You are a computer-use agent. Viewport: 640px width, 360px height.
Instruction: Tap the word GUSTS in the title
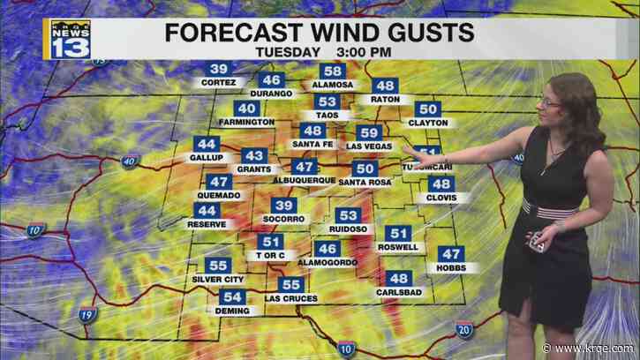[x=421, y=33]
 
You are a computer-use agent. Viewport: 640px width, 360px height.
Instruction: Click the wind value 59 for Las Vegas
[x=368, y=133]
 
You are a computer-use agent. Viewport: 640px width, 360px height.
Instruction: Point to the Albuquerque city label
[x=305, y=180]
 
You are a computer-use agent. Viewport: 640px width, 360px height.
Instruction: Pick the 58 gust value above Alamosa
[x=333, y=72]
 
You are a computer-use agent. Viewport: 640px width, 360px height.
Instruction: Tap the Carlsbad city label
[x=398, y=291]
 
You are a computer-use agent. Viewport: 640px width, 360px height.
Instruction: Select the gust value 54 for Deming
[x=232, y=297]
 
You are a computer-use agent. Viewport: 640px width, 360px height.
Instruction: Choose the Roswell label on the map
[x=398, y=248]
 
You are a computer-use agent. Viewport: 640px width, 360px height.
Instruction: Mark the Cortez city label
[x=219, y=83]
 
